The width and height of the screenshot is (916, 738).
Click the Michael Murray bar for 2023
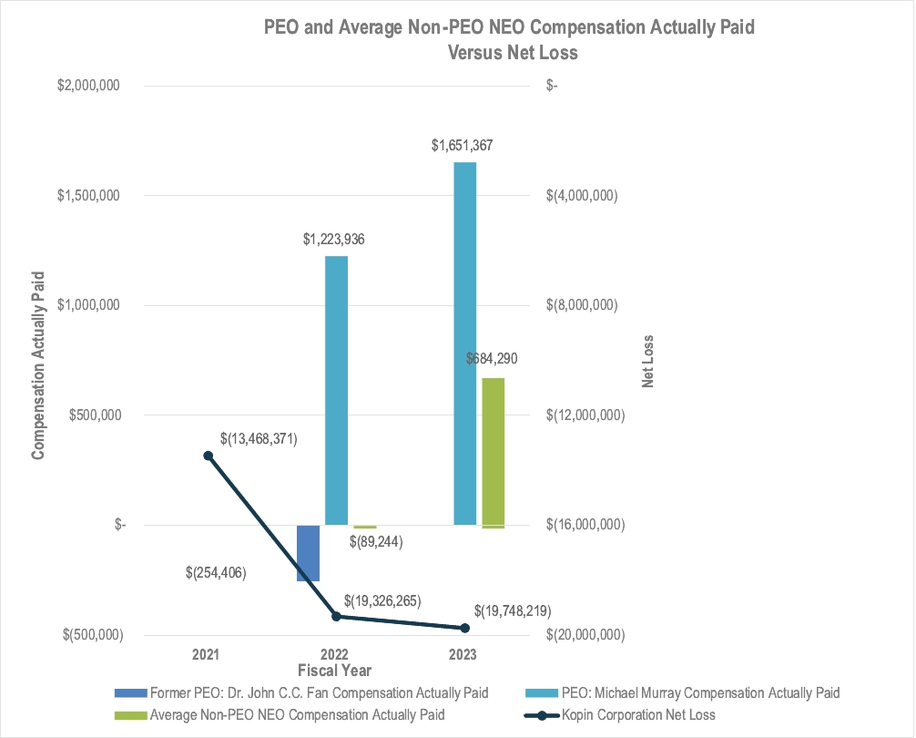pos(464,343)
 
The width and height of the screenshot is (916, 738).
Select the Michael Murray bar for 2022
pos(336,391)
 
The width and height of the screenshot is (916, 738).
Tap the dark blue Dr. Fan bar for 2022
pos(309,553)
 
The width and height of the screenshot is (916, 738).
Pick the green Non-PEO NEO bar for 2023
pos(493,452)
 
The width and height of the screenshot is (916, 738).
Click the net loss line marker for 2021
pos(209,456)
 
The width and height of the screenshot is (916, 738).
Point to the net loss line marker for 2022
pos(336,617)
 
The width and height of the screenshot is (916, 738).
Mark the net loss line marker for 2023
pos(464,628)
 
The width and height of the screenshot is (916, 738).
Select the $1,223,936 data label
pos(334,240)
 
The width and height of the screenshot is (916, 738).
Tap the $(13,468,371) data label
pos(259,438)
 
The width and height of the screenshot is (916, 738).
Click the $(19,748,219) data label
pos(513,610)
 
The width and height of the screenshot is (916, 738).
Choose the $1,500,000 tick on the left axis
pos(89,196)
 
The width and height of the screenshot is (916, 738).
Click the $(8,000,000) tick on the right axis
pos(580,305)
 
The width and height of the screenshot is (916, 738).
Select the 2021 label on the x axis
pos(208,654)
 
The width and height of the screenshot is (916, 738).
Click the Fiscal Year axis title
pos(334,671)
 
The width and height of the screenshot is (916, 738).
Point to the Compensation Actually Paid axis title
pos(39,361)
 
